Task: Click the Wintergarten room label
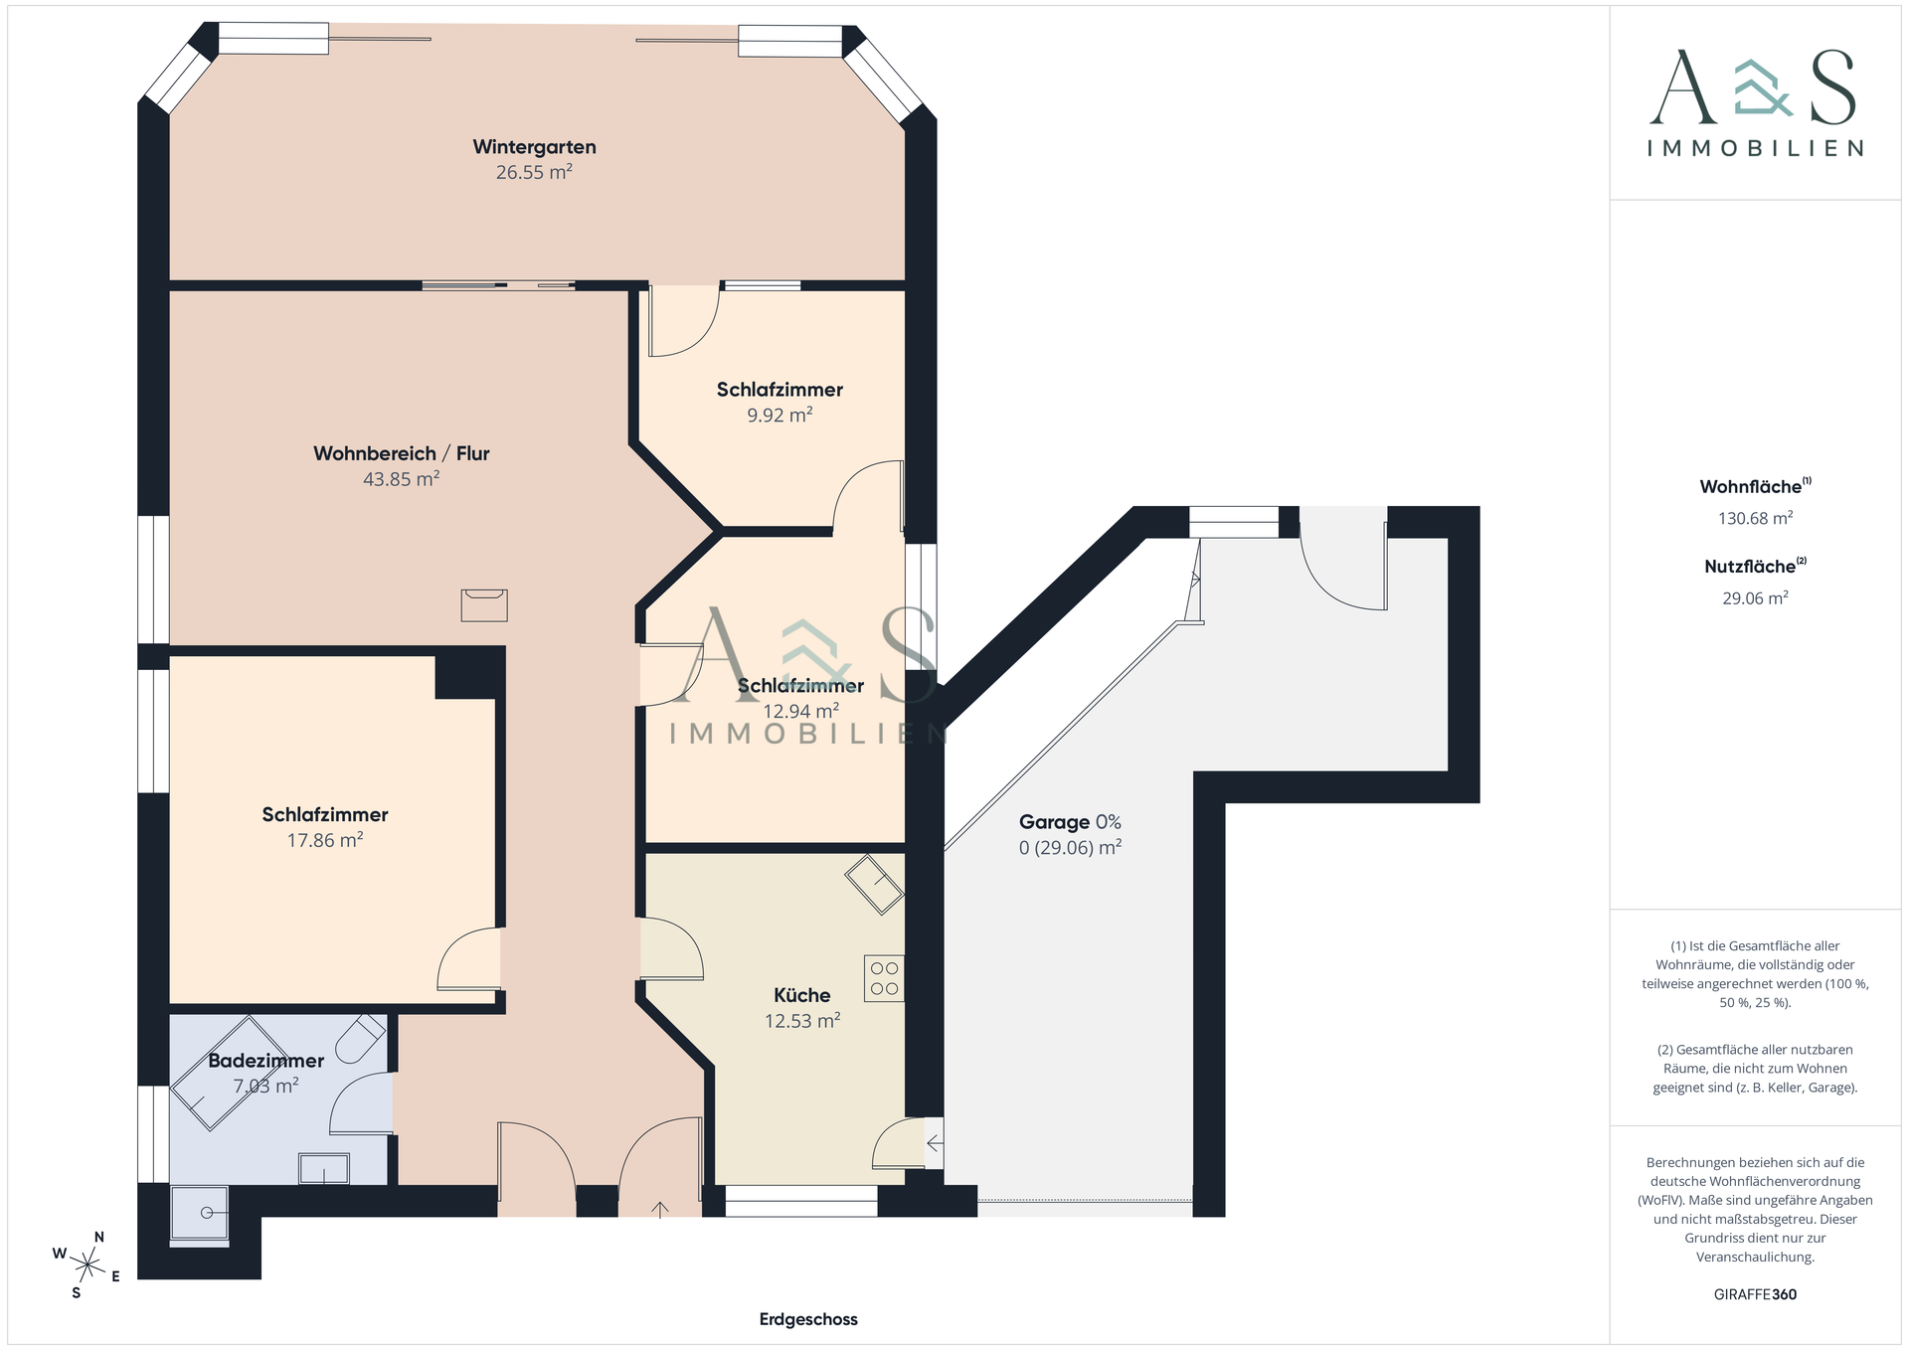534,147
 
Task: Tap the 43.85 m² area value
401,479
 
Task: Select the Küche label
801,995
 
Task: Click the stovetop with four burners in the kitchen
884,978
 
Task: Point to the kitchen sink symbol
874,884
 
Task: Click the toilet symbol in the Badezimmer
361,1039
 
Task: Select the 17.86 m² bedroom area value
325,841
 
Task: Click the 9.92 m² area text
780,416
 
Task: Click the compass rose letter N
99,1238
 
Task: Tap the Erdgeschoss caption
808,1319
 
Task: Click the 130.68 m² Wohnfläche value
1756,518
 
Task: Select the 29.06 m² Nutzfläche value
1756,597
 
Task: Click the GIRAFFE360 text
1755,1294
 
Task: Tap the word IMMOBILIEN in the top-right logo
1756,148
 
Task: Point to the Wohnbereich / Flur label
401,453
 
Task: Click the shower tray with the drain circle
200,1215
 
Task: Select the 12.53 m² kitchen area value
802,1022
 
